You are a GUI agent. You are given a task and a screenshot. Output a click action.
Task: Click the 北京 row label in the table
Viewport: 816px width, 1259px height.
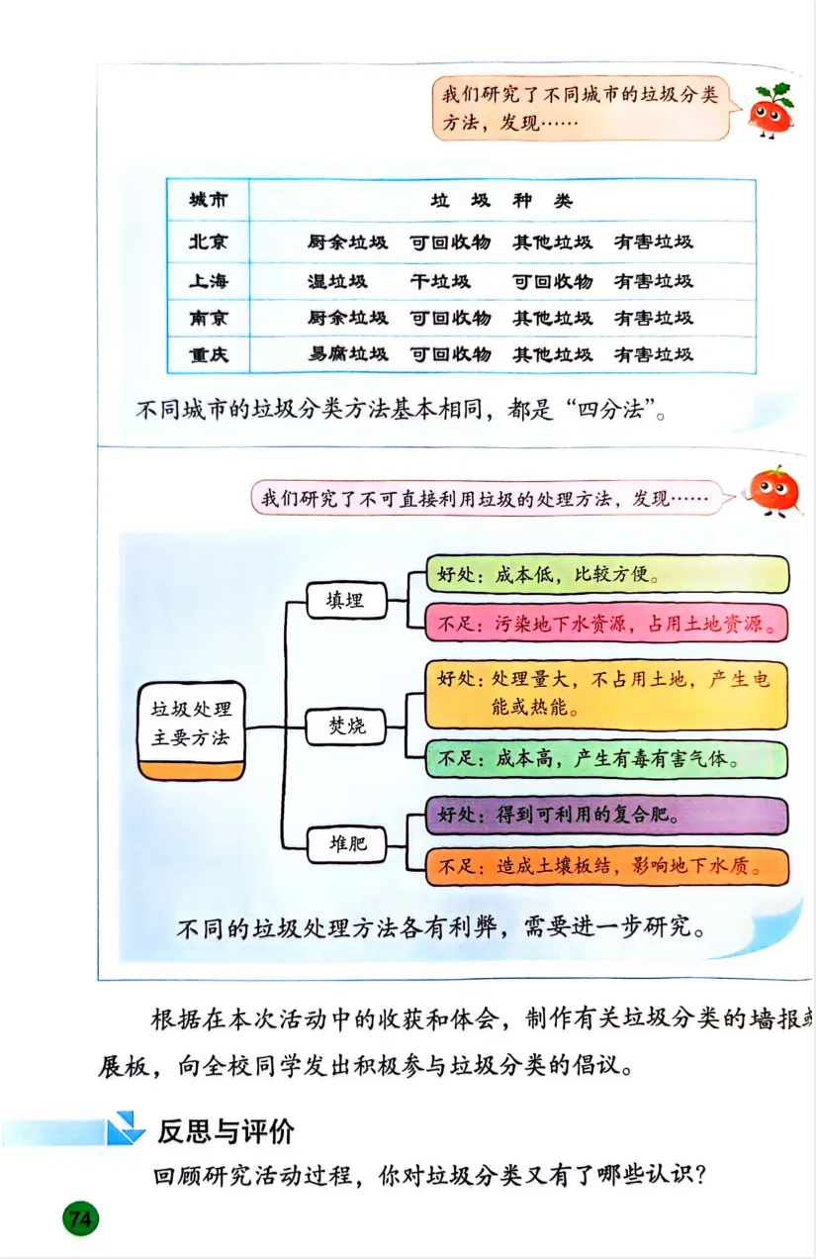[209, 242]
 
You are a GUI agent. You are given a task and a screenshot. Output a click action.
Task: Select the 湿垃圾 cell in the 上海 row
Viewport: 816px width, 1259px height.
[337, 281]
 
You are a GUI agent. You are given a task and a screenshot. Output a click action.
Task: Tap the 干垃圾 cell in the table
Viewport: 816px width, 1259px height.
[441, 281]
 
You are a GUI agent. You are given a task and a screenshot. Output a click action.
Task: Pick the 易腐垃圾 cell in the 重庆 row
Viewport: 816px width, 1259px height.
[347, 354]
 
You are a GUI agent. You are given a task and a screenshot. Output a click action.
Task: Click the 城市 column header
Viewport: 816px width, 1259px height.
[209, 201]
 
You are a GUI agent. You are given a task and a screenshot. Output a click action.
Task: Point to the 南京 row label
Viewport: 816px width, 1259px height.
[209, 318]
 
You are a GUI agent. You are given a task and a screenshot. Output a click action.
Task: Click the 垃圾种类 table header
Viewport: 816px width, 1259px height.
[501, 201]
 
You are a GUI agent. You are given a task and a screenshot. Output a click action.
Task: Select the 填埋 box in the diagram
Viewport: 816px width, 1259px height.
[345, 600]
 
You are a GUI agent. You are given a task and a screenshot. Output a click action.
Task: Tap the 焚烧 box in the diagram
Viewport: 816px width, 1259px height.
[347, 726]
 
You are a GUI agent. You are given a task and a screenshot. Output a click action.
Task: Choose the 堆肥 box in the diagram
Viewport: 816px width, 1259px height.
[347, 843]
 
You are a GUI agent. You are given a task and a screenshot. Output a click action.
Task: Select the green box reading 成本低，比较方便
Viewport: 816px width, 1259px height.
[607, 574]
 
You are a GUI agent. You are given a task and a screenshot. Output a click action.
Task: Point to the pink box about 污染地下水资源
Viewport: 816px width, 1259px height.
[607, 624]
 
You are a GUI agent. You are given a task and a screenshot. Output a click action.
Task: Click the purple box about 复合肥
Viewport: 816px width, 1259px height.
[607, 817]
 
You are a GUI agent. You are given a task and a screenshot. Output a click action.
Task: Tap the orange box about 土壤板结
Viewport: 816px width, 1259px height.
[607, 867]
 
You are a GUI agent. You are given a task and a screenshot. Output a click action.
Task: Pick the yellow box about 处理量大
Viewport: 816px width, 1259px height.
[607, 694]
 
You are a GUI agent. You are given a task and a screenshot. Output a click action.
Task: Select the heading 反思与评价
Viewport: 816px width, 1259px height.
[226, 1130]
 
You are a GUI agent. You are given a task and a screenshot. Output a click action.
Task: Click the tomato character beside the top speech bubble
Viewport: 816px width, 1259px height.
[771, 111]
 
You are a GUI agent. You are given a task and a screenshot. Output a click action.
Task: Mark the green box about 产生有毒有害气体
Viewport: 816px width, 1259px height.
[607, 760]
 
